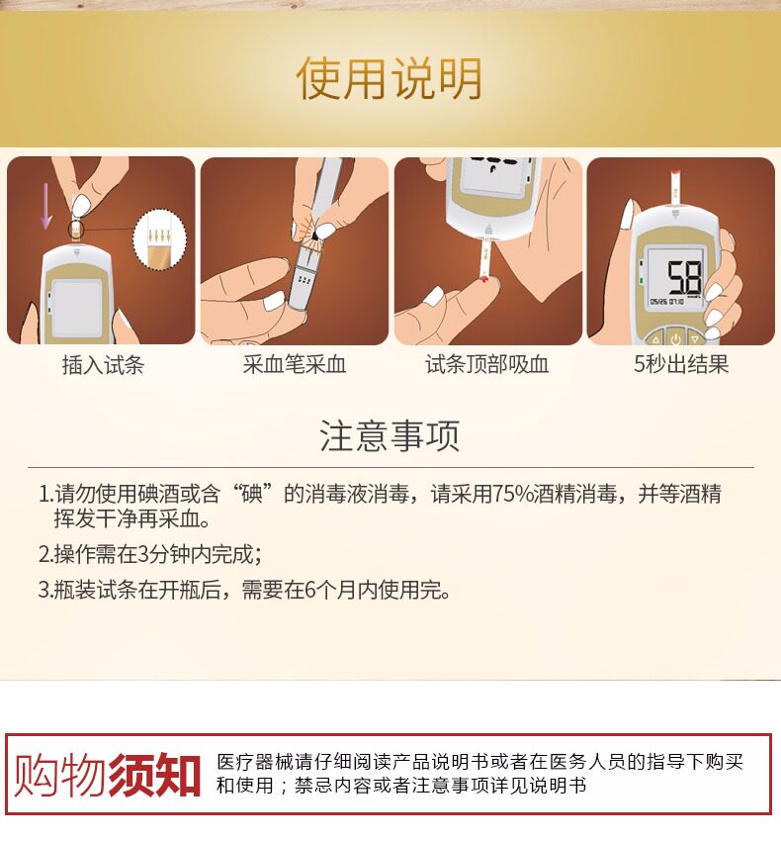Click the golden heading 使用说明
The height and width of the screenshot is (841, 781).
tap(390, 78)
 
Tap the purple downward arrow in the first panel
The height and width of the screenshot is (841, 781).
tap(46, 206)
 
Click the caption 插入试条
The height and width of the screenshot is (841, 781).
tap(103, 365)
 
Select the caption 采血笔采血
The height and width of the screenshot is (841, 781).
tap(295, 365)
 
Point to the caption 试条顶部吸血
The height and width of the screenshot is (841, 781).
tap(487, 365)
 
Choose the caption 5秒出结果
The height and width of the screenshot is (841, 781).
tap(681, 364)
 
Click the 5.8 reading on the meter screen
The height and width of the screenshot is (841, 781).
tap(684, 278)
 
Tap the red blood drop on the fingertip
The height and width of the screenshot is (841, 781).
tap(485, 278)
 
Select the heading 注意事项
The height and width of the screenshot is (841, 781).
tap(390, 435)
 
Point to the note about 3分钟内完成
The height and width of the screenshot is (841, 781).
tap(150, 554)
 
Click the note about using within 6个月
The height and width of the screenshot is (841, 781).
tap(244, 590)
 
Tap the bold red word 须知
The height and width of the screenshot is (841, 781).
tap(154, 775)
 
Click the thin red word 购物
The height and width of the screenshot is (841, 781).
tap(60, 775)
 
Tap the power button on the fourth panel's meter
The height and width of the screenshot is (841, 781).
tap(675, 338)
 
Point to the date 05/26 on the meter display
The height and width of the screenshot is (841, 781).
tap(658, 302)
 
